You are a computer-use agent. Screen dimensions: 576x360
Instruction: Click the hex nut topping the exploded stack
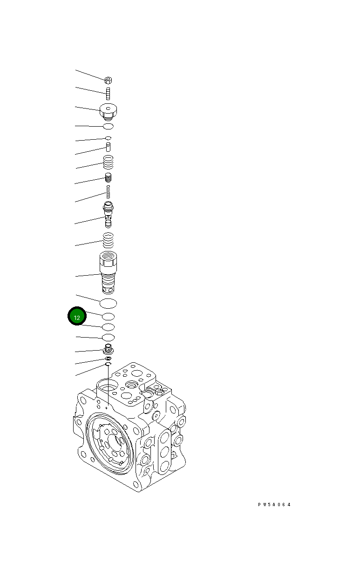pyautogui.click(x=108, y=80)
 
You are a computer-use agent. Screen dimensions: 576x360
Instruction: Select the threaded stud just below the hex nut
pyautogui.click(x=108, y=93)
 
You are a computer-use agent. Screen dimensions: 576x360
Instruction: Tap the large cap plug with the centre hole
pyautogui.click(x=108, y=111)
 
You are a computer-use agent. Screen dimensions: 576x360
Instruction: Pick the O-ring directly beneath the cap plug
pyautogui.click(x=108, y=126)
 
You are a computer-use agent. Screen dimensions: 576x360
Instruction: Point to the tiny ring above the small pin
pyautogui.click(x=108, y=138)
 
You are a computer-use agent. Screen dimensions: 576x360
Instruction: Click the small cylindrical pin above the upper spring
pyautogui.click(x=108, y=147)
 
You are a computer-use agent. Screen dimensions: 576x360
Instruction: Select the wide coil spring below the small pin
pyautogui.click(x=108, y=163)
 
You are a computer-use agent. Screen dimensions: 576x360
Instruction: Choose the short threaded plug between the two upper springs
pyautogui.click(x=108, y=177)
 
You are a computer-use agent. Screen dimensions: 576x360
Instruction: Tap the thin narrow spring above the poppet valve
pyautogui.click(x=108, y=191)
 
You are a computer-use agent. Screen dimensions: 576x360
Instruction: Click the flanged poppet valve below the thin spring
pyautogui.click(x=108, y=213)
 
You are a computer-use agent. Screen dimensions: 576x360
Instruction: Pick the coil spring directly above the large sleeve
pyautogui.click(x=108, y=240)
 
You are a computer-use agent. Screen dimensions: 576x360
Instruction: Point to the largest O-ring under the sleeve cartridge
pyautogui.click(x=108, y=303)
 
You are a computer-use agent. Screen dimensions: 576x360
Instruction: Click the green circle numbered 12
pyautogui.click(x=77, y=317)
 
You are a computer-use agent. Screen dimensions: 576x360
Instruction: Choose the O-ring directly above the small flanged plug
pyautogui.click(x=108, y=337)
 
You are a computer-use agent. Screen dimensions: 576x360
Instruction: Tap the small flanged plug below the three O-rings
pyautogui.click(x=108, y=349)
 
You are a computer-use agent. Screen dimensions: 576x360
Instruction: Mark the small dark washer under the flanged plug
pyautogui.click(x=108, y=358)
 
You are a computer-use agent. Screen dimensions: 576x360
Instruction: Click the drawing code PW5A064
pyautogui.click(x=274, y=504)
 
